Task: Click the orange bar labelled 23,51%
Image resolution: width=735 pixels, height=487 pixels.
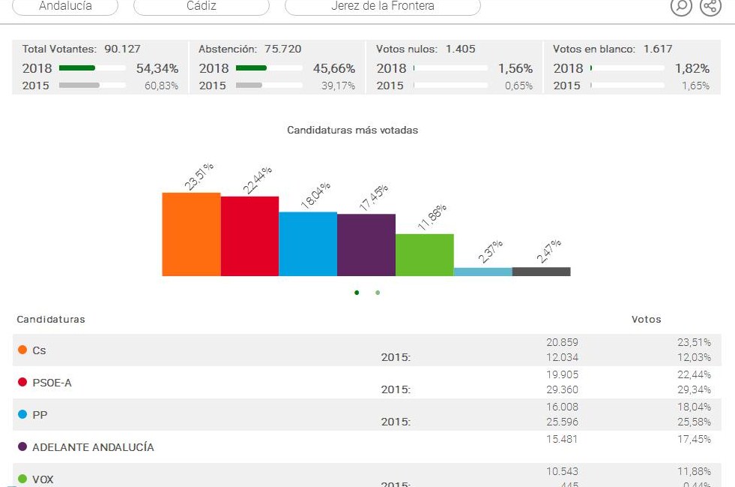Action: pyautogui.click(x=191, y=234)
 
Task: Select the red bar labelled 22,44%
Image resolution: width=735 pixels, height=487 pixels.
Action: pyautogui.click(x=249, y=236)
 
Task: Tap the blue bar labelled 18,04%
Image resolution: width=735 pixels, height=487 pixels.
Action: pyautogui.click(x=308, y=244)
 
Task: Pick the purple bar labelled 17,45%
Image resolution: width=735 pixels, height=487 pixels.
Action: pyautogui.click(x=366, y=245)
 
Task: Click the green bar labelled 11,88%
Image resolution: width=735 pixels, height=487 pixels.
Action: pyautogui.click(x=424, y=255)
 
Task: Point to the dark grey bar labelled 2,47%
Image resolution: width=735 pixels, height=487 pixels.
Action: pyautogui.click(x=541, y=272)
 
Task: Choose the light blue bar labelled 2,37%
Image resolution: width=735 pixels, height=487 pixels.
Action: pyautogui.click(x=483, y=272)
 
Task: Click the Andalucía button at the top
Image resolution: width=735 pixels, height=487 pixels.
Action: pyautogui.click(x=66, y=6)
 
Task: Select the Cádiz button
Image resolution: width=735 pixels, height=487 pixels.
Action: pyautogui.click(x=201, y=6)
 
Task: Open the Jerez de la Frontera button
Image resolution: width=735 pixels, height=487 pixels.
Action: pyautogui.click(x=383, y=6)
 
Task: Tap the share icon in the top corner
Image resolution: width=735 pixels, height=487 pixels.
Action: pyautogui.click(x=710, y=6)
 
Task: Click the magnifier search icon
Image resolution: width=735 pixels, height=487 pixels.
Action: pyautogui.click(x=681, y=6)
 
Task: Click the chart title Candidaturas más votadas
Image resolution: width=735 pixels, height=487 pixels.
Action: pyautogui.click(x=353, y=130)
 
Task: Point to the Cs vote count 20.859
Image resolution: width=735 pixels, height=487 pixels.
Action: pyautogui.click(x=562, y=342)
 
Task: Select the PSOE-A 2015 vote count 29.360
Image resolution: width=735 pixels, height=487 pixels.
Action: pyautogui.click(x=562, y=389)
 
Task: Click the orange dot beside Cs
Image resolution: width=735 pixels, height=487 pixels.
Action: pyautogui.click(x=22, y=350)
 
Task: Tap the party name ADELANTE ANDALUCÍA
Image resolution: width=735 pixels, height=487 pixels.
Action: pyautogui.click(x=93, y=447)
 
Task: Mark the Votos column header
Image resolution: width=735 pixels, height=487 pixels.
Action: pyautogui.click(x=647, y=319)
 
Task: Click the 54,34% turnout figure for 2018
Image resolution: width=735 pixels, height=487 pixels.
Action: pyautogui.click(x=157, y=68)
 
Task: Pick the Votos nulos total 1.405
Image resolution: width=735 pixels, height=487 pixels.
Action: pyautogui.click(x=460, y=49)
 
